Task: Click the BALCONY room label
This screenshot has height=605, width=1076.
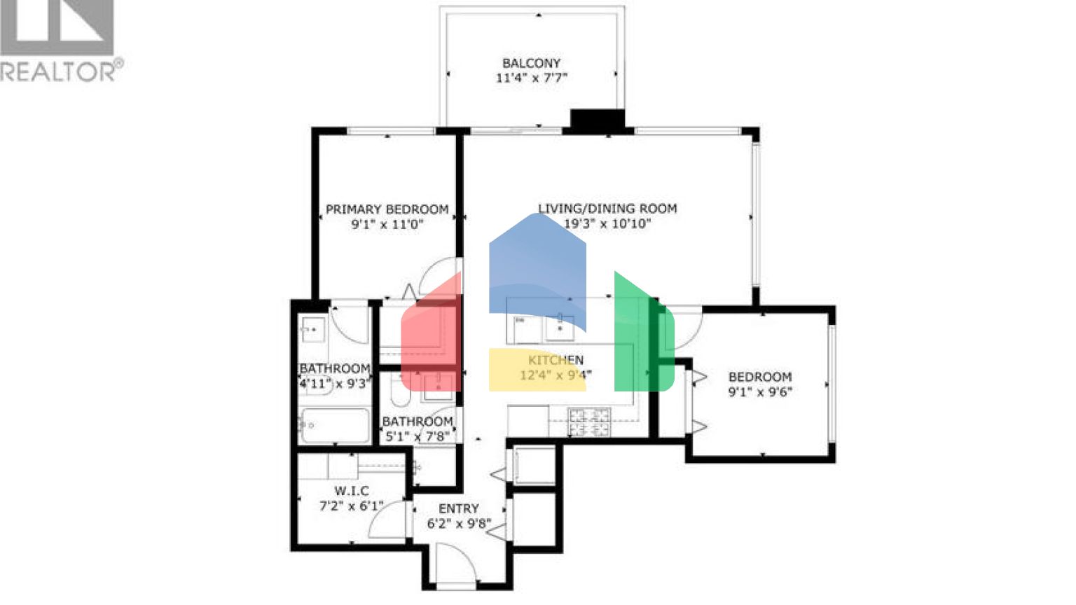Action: (531, 63)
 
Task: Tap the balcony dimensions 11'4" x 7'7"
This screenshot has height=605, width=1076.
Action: (531, 78)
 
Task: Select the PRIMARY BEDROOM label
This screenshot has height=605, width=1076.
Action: (387, 209)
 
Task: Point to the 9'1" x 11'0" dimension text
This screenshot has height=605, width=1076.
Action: (387, 225)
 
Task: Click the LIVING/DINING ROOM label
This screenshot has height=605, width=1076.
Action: (607, 209)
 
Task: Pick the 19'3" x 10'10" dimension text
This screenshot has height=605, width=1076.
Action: (607, 224)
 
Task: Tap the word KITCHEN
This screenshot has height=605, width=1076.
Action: (556, 360)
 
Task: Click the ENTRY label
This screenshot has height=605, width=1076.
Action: (458, 508)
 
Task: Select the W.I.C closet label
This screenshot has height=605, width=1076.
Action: (351, 491)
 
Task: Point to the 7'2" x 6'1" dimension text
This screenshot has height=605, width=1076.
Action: (351, 506)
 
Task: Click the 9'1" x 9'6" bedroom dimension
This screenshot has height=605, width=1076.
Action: (760, 392)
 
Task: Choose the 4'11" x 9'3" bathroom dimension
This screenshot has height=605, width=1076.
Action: (334, 384)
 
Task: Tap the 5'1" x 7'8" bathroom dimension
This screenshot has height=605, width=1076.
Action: (418, 437)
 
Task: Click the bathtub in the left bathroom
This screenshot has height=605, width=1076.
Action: (334, 425)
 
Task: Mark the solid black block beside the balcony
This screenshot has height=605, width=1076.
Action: (597, 120)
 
